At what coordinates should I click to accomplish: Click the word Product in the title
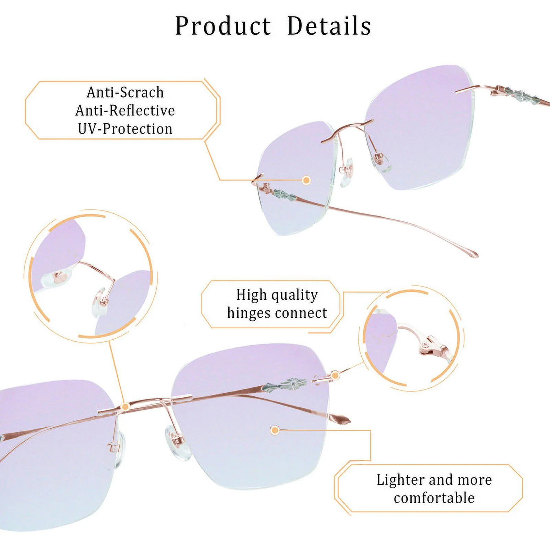(223, 26)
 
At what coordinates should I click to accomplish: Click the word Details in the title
(329, 26)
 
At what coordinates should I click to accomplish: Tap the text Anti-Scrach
(125, 92)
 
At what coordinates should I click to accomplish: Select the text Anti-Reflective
(125, 110)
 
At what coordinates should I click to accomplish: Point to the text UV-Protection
(125, 129)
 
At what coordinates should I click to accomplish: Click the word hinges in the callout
(249, 313)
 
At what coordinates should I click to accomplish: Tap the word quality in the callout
(294, 295)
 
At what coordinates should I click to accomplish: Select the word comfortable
(434, 498)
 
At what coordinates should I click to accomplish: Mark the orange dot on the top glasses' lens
(306, 180)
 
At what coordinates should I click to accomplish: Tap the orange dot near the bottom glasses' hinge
(335, 375)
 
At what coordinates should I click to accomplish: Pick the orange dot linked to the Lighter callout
(274, 430)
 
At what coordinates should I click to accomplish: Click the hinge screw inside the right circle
(426, 345)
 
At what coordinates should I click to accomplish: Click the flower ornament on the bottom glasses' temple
(289, 383)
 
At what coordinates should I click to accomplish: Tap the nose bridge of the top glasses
(347, 128)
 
